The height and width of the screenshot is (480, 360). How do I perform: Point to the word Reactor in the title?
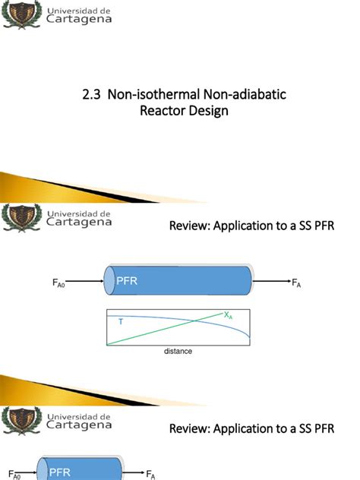(x=161, y=111)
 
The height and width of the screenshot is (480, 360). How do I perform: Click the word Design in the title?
(x=207, y=111)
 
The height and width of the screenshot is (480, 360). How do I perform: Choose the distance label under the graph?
(x=178, y=352)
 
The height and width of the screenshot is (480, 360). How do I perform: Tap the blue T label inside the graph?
(x=120, y=321)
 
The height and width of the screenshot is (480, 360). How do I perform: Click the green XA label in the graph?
(x=228, y=314)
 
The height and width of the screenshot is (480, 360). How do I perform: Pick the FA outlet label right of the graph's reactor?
(x=297, y=283)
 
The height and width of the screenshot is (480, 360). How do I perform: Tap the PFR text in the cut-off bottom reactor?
(x=60, y=472)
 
